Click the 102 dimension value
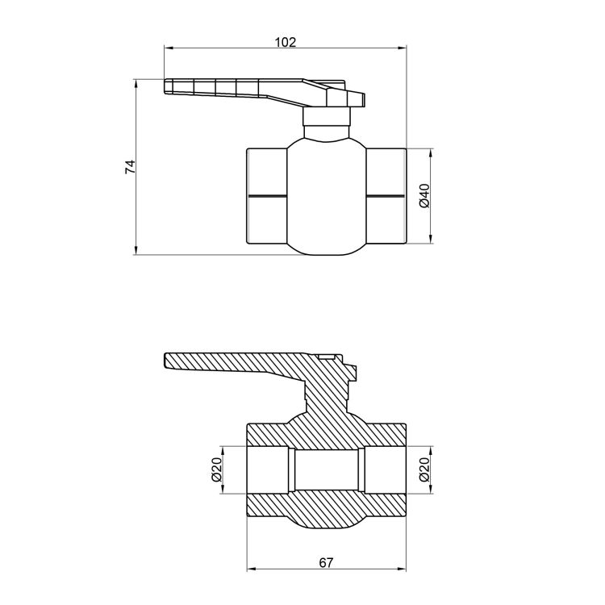(x=285, y=42)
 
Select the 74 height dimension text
(x=131, y=167)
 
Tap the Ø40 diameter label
(x=424, y=196)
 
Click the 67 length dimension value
(x=326, y=563)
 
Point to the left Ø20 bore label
(x=216, y=469)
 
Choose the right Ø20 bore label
(x=424, y=469)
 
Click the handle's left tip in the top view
(x=165, y=86)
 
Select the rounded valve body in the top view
(x=327, y=197)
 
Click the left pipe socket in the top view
(x=267, y=196)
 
